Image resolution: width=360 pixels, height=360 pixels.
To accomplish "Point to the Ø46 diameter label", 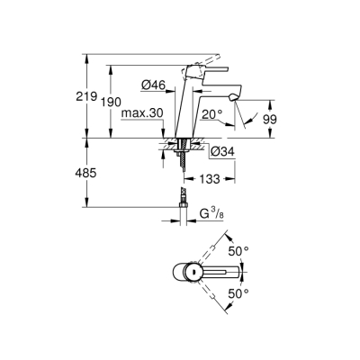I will click(x=152, y=85).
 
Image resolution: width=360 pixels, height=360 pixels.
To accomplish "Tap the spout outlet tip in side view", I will click(x=235, y=96).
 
